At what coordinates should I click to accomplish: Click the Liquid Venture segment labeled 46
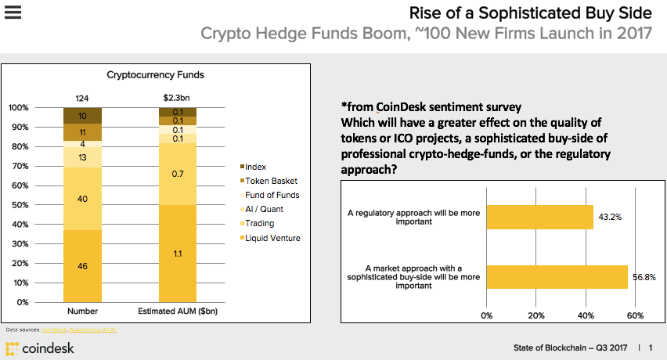coord(82,266)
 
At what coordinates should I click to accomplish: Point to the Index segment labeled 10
coord(82,116)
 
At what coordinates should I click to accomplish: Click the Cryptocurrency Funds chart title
coord(155,75)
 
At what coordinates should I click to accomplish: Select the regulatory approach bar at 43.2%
coord(539,217)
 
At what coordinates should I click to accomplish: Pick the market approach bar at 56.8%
coord(557,277)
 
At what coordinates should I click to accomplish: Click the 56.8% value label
coord(644,277)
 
